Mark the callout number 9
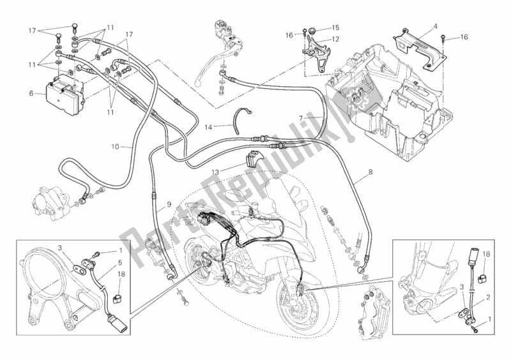click(x=169, y=204)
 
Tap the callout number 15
click(x=336, y=28)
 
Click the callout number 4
click(x=435, y=26)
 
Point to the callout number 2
click(x=489, y=297)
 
